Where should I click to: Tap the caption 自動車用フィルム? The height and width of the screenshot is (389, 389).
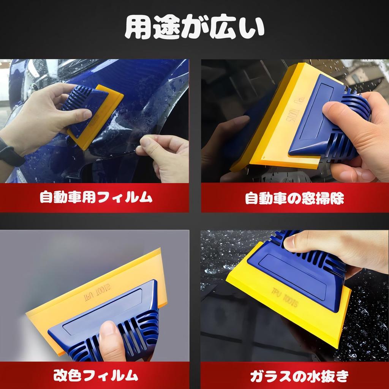[96, 198]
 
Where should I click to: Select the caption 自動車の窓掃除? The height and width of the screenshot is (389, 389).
[294, 198]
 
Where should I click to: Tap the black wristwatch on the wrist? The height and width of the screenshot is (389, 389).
[11, 152]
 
